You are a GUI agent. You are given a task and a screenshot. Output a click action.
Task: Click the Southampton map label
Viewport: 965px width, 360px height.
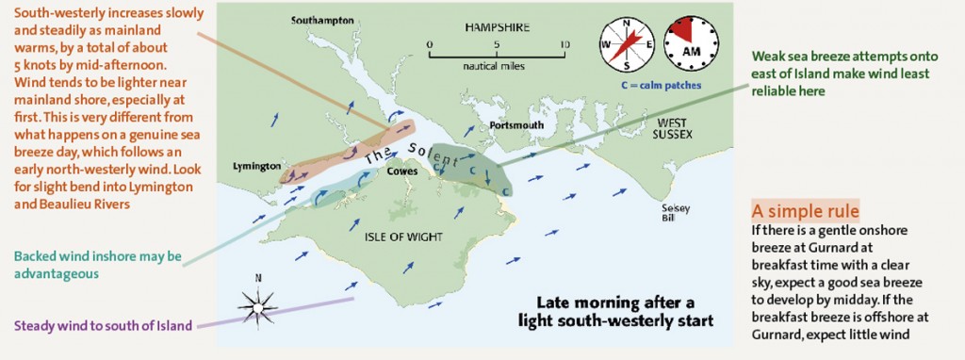tap(322, 19)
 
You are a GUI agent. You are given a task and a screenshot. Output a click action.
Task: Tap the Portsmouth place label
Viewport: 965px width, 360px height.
tap(517, 125)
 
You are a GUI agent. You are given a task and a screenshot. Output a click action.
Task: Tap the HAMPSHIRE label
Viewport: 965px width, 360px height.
tap(496, 26)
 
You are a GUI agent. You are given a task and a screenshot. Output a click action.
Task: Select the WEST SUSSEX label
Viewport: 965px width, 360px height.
tap(674, 128)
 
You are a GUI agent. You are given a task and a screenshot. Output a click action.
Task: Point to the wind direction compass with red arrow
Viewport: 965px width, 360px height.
tap(627, 45)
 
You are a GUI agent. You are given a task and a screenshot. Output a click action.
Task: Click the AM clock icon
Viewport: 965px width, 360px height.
tap(691, 43)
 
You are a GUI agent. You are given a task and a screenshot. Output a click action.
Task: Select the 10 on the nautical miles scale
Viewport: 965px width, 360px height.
tap(564, 44)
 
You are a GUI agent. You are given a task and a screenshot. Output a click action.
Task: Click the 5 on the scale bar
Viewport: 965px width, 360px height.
tap(497, 44)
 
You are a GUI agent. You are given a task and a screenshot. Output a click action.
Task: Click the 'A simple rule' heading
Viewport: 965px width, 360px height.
tap(804, 209)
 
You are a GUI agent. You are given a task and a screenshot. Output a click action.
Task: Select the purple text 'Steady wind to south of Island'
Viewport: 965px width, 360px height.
tap(104, 326)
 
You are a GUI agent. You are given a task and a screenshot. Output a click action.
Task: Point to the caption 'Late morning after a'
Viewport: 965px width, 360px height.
tap(615, 303)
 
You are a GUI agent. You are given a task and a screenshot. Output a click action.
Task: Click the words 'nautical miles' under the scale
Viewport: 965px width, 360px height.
tap(495, 67)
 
